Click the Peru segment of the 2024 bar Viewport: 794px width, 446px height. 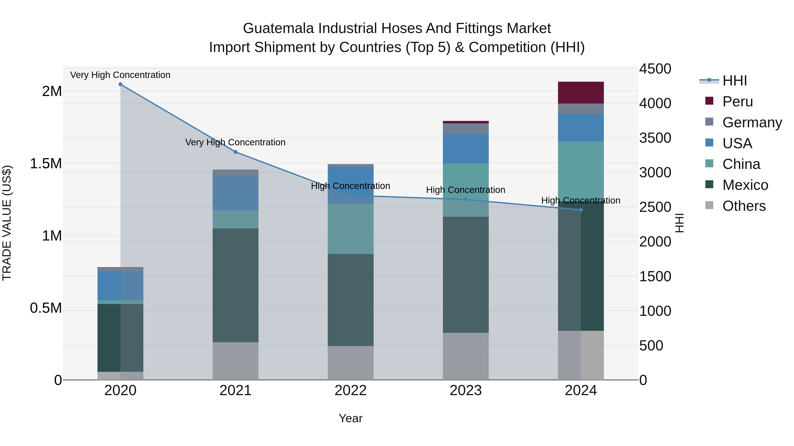(x=581, y=93)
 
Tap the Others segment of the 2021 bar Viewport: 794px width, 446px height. (x=236, y=361)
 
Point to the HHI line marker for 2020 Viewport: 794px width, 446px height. (x=120, y=84)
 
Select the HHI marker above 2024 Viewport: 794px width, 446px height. (x=581, y=210)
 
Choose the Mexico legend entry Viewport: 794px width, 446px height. (x=745, y=185)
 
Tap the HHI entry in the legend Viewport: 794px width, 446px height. (x=734, y=81)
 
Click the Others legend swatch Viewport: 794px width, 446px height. (x=709, y=205)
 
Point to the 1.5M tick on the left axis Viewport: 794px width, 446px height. (x=46, y=163)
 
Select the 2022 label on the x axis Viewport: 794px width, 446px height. (x=350, y=390)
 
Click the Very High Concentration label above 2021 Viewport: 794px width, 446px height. (x=236, y=142)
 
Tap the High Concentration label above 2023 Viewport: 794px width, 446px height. (x=465, y=190)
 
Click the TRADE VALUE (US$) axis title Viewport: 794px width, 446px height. (x=7, y=223)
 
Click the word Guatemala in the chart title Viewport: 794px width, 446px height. (x=278, y=28)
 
